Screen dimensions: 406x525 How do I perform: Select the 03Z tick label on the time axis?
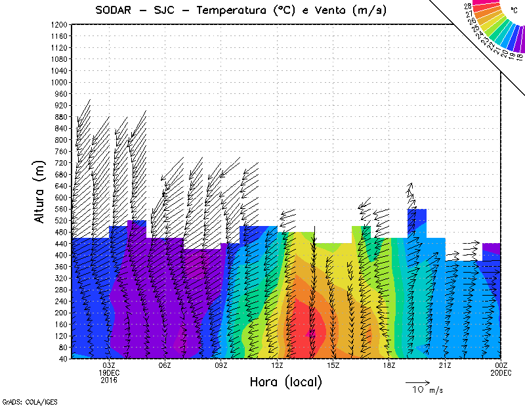[109, 365]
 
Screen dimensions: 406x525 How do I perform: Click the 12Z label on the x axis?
[277, 365]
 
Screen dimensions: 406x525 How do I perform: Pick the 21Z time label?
[445, 365]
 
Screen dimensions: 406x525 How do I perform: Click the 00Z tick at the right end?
[501, 365]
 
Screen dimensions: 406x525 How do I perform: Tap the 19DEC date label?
[109, 372]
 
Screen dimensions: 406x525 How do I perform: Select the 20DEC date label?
[501, 372]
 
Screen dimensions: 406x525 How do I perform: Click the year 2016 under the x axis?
[109, 380]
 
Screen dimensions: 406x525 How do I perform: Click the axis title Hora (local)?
[286, 382]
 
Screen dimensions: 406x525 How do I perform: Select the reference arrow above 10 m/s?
[417, 381]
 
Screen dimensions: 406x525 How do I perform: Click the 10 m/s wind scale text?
[427, 390]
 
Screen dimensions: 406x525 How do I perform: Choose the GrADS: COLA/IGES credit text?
[21, 400]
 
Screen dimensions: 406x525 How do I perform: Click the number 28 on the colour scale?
[468, 6]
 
